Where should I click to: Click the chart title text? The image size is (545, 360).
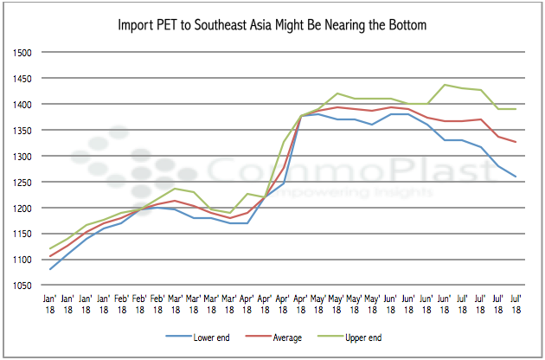pos(272,25)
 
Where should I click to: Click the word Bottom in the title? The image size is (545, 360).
pos(405,25)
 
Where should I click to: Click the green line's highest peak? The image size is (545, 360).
pos(445,85)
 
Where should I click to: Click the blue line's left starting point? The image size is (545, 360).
pos(50,269)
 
